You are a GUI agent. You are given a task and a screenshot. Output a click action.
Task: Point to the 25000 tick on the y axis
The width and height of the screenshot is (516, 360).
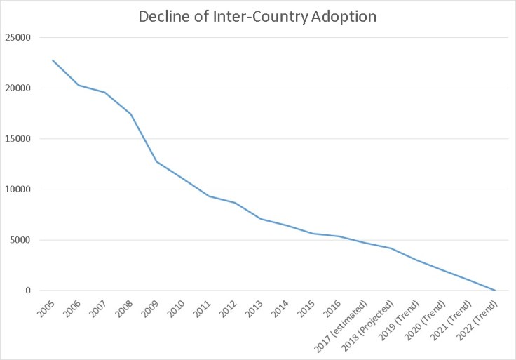click(18, 38)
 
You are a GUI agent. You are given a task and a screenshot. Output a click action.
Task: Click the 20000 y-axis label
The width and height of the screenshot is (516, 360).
click(18, 88)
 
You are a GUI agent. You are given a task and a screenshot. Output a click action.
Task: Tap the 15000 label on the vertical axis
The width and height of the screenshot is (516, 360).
click(18, 139)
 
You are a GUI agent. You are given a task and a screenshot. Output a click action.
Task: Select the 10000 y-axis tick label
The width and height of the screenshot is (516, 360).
click(18, 189)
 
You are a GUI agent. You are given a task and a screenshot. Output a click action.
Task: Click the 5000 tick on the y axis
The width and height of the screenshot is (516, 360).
click(21, 240)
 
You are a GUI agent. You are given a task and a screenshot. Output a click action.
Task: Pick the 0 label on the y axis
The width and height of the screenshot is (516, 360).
click(29, 291)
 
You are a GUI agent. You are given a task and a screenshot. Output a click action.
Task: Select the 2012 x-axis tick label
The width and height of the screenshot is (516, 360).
click(229, 309)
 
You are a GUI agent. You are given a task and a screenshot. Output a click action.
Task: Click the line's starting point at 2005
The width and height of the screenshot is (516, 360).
click(53, 60)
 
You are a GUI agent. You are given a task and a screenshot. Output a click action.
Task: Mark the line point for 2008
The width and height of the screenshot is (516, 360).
click(130, 114)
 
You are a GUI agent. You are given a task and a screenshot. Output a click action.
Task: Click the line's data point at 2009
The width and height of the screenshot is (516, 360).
click(156, 161)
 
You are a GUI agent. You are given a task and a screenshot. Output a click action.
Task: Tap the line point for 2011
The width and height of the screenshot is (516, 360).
click(208, 196)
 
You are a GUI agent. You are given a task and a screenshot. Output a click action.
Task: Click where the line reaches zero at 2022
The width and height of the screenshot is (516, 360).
click(495, 291)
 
